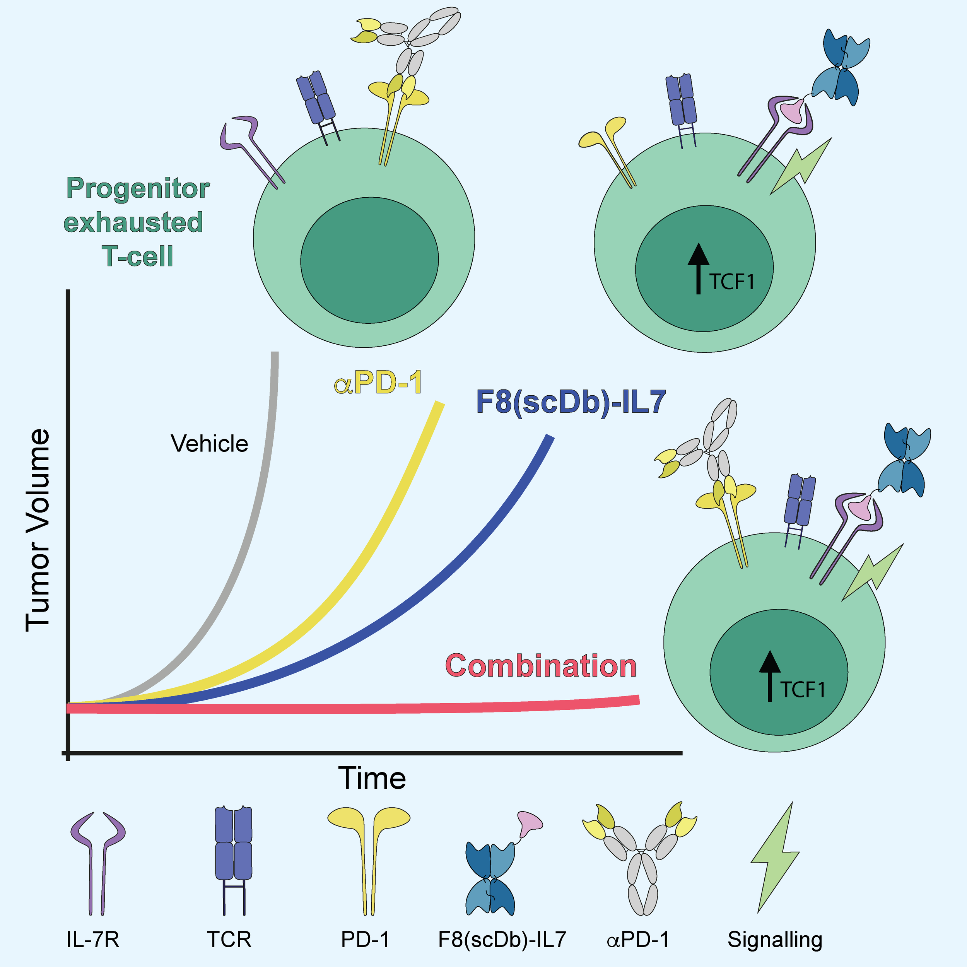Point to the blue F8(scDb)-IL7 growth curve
tap(451, 576)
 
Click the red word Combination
tap(541, 666)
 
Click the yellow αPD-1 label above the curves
tap(378, 383)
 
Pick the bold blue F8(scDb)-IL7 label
tap(571, 402)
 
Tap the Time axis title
tap(372, 778)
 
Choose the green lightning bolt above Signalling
tap(774, 856)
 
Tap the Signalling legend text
tap(775, 939)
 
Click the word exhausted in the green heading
tap(133, 222)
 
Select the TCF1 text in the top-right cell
tap(731, 282)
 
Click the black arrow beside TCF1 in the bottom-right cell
tap(770, 676)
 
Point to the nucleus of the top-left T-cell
tap(369, 260)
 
